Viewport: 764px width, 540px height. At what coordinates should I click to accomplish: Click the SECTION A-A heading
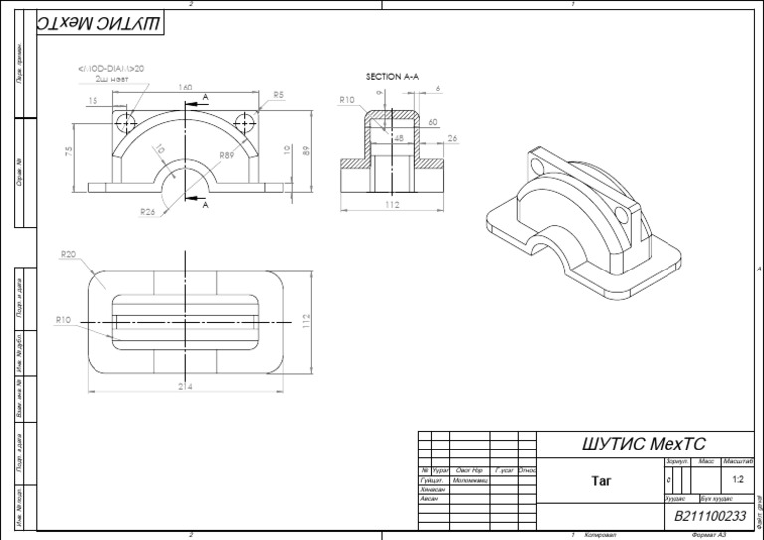coord(393,77)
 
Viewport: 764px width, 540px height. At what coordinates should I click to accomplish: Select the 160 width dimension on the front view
coord(185,88)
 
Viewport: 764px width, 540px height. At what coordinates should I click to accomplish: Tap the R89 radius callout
coord(227,156)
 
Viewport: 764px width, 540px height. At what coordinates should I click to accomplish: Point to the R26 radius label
coord(147,211)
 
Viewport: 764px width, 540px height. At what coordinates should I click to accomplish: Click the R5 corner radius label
coord(278,95)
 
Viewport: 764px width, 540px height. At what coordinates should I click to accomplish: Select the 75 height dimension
coord(69,151)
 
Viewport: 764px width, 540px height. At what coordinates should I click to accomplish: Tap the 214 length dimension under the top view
coord(185,386)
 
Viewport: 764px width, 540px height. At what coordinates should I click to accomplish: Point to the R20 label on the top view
coord(68,255)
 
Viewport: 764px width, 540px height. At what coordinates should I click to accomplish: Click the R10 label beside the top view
coord(63,320)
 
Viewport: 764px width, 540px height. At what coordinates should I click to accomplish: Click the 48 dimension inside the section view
coord(399,139)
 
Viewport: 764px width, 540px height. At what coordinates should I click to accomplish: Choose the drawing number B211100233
coord(710,516)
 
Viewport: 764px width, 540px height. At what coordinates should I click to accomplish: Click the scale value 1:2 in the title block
coord(737,479)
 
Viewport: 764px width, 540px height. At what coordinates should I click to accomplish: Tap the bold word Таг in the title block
coord(600,481)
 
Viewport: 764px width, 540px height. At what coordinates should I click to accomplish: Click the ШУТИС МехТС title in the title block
coord(649,444)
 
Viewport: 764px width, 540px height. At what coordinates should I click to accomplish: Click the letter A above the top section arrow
coord(205,96)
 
